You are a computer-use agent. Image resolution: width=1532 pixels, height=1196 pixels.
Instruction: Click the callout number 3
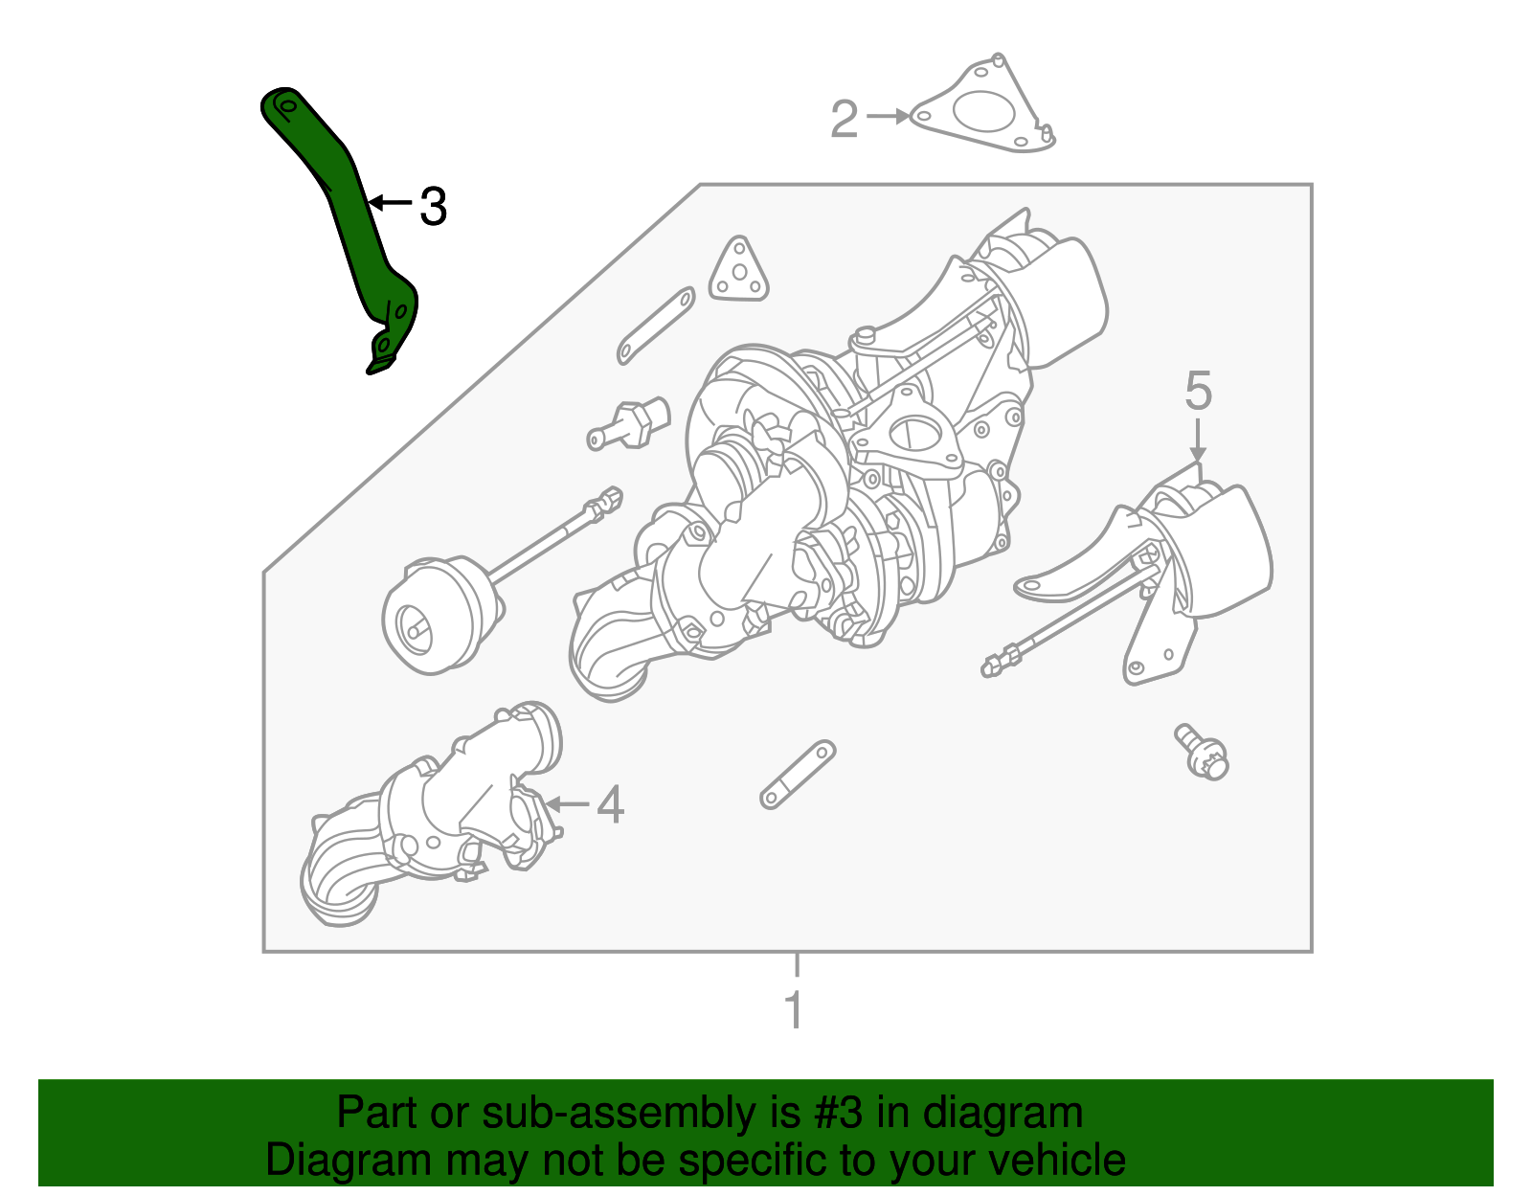point(434,206)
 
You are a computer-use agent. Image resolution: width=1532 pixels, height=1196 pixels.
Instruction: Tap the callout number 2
point(844,120)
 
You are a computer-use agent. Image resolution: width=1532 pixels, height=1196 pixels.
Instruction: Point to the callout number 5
point(1198,392)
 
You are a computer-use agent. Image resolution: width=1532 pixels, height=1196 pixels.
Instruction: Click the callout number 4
point(610,804)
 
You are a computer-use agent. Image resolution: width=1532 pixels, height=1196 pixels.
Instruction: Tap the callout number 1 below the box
point(794,1009)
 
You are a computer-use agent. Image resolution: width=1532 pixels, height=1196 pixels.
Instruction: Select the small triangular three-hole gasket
point(739,272)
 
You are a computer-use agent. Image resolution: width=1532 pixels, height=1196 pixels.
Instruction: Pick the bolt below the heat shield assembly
point(1203,752)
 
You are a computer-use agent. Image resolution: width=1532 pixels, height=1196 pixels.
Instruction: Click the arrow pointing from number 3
point(389,202)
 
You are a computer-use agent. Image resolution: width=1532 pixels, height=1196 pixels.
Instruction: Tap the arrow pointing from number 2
point(889,116)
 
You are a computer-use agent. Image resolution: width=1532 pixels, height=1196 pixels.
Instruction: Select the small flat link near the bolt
point(798,774)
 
